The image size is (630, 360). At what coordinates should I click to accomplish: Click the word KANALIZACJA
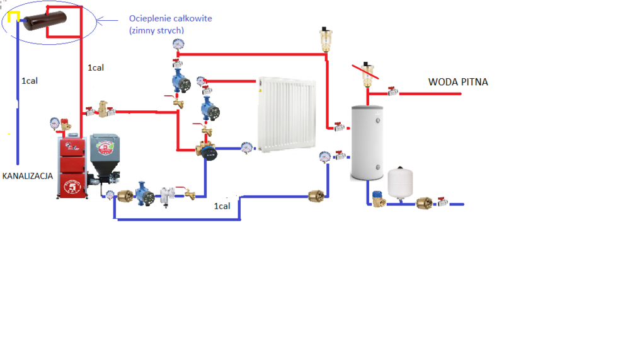[x=27, y=176]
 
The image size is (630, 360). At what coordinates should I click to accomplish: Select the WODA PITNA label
[x=458, y=82]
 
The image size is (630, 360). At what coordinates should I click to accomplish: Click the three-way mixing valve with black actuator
[x=207, y=151]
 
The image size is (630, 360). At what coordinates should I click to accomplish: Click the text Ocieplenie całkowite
[x=170, y=19]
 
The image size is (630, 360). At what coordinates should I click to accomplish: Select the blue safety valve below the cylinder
[x=378, y=199]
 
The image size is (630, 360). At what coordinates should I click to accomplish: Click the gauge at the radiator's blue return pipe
[x=246, y=145]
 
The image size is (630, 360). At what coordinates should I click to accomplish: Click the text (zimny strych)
[x=157, y=30]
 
